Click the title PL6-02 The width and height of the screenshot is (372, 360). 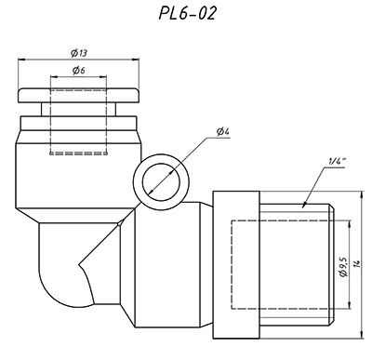[x=187, y=13]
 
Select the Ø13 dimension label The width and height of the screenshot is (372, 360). [x=79, y=53]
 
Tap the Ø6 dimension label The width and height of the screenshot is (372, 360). [x=79, y=71]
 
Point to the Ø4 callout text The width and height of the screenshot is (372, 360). [x=222, y=132]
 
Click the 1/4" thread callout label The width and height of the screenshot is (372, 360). [x=337, y=162]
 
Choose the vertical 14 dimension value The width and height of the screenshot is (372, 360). [x=357, y=264]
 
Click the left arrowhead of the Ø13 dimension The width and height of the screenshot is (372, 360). [x=21, y=59]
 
